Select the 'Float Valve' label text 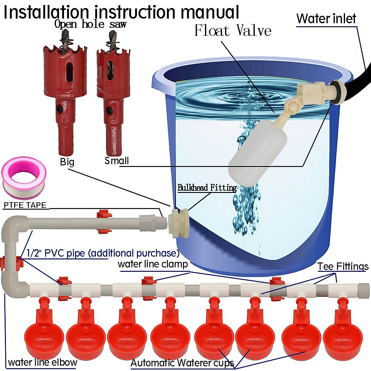tap(232, 31)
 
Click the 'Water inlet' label tap(326, 19)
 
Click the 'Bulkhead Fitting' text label tap(207, 188)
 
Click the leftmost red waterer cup tap(44, 335)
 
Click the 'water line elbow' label tap(42, 362)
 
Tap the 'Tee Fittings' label tap(343, 266)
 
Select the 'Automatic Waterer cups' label tap(182, 363)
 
